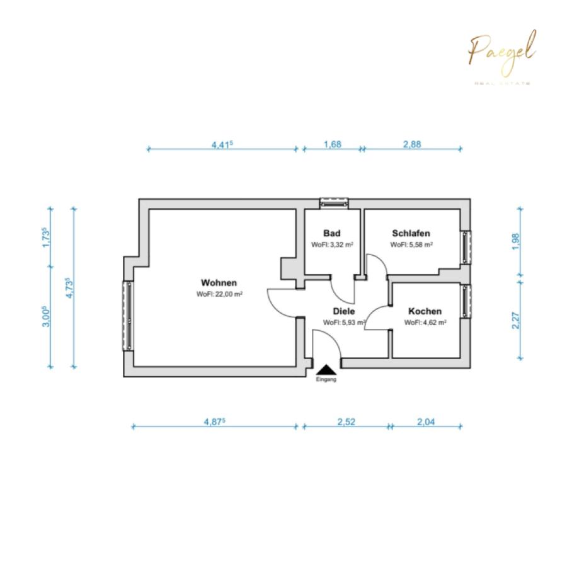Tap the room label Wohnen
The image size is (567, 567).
point(219,282)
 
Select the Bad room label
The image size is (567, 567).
point(332,233)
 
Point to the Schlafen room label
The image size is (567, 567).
point(411,233)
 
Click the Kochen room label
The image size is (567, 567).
point(425,311)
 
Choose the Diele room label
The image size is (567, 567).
point(344,311)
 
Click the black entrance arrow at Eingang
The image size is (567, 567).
point(326,370)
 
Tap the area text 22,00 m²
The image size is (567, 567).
point(220,294)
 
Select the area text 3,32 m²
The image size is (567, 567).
point(332,244)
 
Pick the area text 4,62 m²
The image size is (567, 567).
point(425,323)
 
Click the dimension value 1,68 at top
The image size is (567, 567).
point(332,144)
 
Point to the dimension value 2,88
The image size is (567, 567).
point(411,144)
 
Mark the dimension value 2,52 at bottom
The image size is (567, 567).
point(346,422)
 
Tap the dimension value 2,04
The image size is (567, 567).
point(426,422)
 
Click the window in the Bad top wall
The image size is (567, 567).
point(334,203)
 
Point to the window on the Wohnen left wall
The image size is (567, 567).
point(129,316)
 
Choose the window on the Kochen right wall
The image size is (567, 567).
point(466,301)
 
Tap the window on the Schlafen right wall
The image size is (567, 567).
point(466,248)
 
